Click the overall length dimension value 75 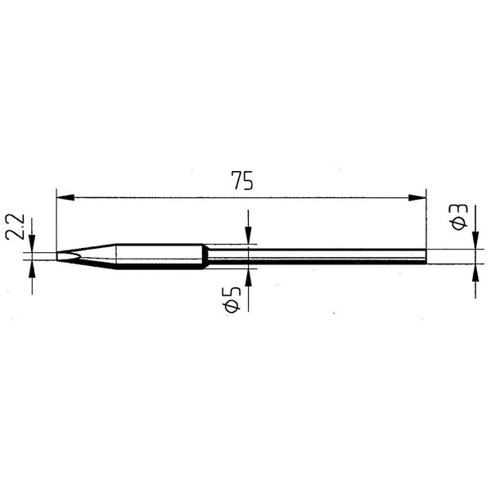pyautogui.click(x=242, y=181)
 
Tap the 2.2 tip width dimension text pyautogui.click(x=15, y=227)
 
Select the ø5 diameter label pyautogui.click(x=232, y=300)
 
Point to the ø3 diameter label pyautogui.click(x=459, y=217)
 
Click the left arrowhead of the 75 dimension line pyautogui.click(x=65, y=198)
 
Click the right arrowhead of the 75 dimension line pyautogui.click(x=417, y=198)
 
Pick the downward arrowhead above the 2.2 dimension pyautogui.click(x=32, y=244)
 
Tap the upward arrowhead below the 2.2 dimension pyautogui.click(x=32, y=268)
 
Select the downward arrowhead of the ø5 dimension pyautogui.click(x=248, y=236)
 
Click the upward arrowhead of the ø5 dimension pyautogui.click(x=248, y=277)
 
